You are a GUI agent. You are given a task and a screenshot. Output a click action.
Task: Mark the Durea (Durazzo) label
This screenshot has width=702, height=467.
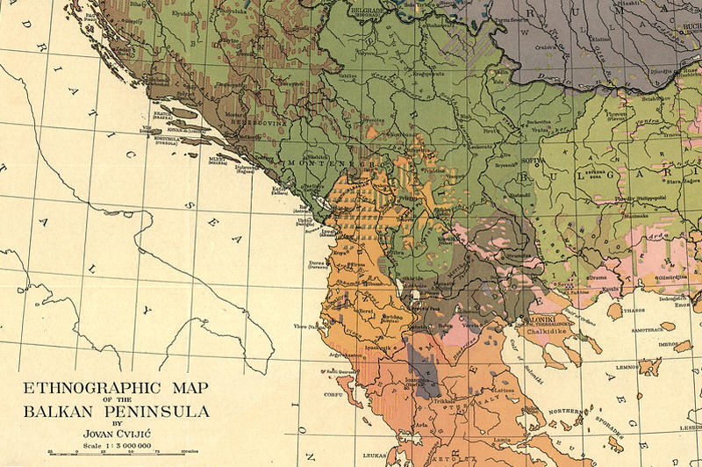[319, 264]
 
